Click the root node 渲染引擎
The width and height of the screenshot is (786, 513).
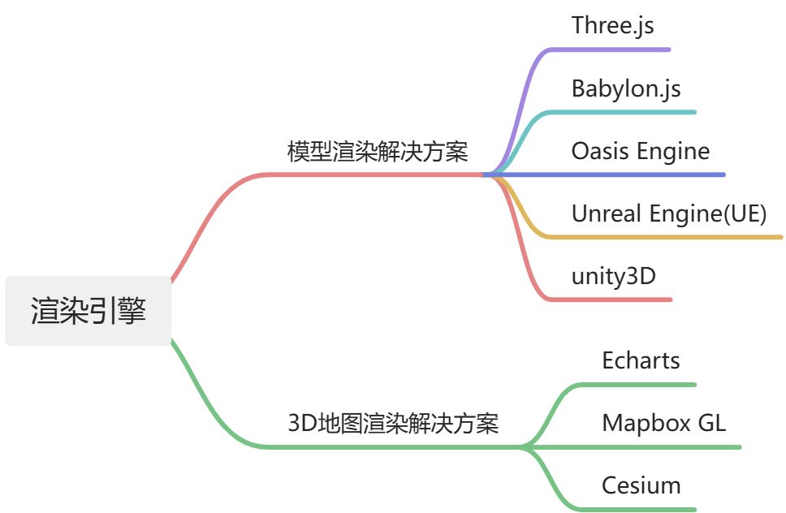(x=89, y=311)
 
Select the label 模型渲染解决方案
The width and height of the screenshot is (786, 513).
(x=378, y=152)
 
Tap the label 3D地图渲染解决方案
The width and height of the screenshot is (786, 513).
(x=393, y=423)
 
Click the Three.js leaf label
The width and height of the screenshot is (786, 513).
(x=612, y=25)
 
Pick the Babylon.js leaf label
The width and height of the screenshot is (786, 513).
(x=626, y=88)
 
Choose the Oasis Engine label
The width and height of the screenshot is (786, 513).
(x=640, y=151)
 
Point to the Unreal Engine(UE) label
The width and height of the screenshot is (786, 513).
(x=669, y=213)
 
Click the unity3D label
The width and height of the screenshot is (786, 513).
(x=613, y=276)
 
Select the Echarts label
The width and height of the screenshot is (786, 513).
(x=641, y=360)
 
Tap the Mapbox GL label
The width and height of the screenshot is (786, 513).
(x=663, y=423)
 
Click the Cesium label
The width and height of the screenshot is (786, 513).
(x=641, y=485)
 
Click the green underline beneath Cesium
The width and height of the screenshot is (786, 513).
(x=641, y=509)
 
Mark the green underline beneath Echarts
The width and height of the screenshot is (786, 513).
(x=641, y=384)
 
